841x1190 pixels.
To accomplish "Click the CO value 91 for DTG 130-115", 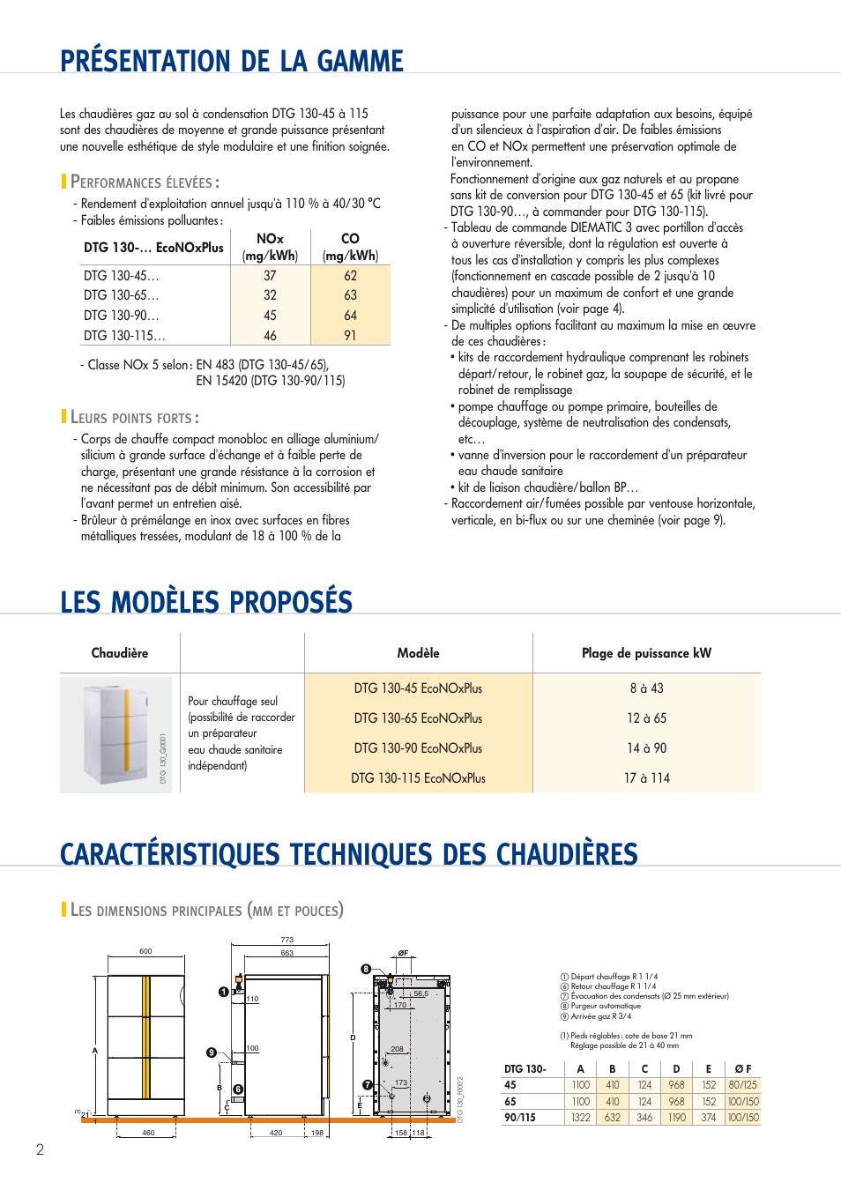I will pos(350,335).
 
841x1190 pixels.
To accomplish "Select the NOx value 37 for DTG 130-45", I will pos(270,276).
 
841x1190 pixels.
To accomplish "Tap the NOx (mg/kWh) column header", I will pos(270,247).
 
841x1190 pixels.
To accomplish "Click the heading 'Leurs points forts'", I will pos(134,418).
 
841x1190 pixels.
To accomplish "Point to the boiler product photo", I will pos(116,734).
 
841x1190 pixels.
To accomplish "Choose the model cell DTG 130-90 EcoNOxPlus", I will pos(418,748).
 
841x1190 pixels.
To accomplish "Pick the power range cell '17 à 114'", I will pos(646,778).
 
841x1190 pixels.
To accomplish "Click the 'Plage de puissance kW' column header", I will pos(646,653).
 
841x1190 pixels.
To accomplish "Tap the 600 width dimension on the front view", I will pos(145,951).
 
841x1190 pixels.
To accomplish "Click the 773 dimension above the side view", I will pos(287,940).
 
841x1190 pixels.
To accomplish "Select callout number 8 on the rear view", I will pos(366,969).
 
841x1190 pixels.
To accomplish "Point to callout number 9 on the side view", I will pos(212,1052).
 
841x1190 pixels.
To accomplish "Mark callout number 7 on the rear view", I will pos(368,1085).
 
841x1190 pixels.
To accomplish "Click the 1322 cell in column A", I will pos(580,1118).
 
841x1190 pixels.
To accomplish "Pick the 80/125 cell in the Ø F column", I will pos(742,1085).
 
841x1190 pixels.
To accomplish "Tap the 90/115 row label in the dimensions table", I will pos(520,1118).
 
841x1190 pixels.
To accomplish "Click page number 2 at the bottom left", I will pos(40,1149).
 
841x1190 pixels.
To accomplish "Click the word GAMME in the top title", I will pos(360,61).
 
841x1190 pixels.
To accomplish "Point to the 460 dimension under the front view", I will pos(148,1133).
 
